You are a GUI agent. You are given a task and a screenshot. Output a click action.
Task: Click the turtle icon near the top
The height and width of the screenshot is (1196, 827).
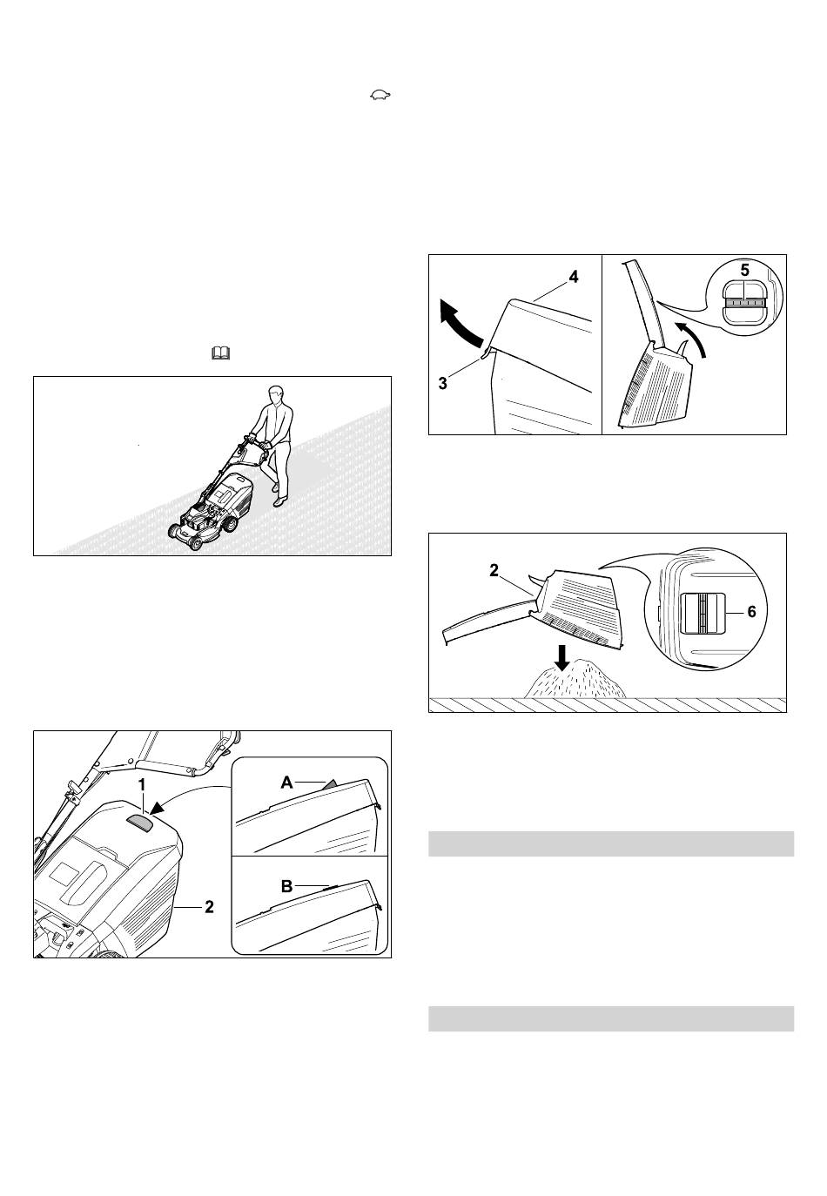click(380, 95)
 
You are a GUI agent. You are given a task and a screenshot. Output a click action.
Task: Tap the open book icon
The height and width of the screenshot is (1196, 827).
click(220, 353)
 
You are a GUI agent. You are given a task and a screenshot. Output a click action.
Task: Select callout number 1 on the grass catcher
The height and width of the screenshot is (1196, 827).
click(142, 785)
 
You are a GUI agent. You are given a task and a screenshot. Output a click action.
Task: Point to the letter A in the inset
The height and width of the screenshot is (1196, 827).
click(286, 783)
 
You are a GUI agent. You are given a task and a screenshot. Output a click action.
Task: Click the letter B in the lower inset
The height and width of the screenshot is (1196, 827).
click(286, 886)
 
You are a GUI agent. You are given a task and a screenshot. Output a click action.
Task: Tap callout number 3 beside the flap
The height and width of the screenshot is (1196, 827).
click(442, 383)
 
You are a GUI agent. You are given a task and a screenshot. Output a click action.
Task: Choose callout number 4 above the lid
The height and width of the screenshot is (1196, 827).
click(574, 277)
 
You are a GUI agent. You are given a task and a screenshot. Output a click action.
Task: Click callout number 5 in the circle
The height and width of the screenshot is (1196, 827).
click(745, 270)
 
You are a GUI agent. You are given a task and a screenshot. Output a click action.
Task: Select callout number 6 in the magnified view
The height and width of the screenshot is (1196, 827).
click(752, 611)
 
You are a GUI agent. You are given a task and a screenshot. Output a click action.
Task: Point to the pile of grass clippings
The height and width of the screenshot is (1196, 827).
click(575, 680)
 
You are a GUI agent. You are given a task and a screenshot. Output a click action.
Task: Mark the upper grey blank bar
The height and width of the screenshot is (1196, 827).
click(611, 843)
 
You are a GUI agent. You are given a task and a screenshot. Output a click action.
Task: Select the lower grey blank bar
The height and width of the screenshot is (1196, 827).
click(611, 1018)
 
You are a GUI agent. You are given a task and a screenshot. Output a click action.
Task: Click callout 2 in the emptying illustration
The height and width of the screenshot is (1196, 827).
click(494, 571)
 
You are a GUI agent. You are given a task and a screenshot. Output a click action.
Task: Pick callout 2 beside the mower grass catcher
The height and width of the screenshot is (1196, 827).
click(209, 906)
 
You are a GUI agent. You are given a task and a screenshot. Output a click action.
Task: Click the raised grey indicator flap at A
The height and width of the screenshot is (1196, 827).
click(331, 783)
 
